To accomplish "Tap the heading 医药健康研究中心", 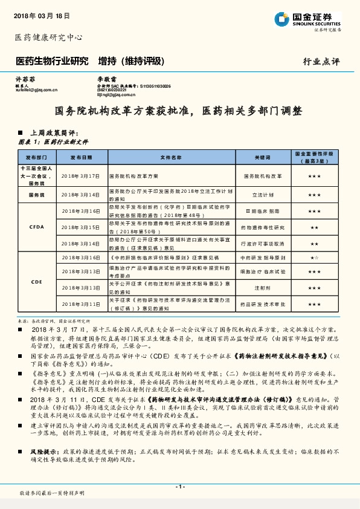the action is tap(48, 37).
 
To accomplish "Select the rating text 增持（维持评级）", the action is tap(130, 61).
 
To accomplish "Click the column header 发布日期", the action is tap(81, 156).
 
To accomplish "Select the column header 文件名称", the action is tap(170, 156).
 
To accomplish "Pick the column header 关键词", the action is tap(262, 156).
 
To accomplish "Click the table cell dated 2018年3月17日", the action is tap(81, 175).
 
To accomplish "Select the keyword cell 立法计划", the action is tap(262, 195).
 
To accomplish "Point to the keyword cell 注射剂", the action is tap(262, 288).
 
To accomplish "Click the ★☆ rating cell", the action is tap(314, 258).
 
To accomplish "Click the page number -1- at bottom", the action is tap(180, 487).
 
